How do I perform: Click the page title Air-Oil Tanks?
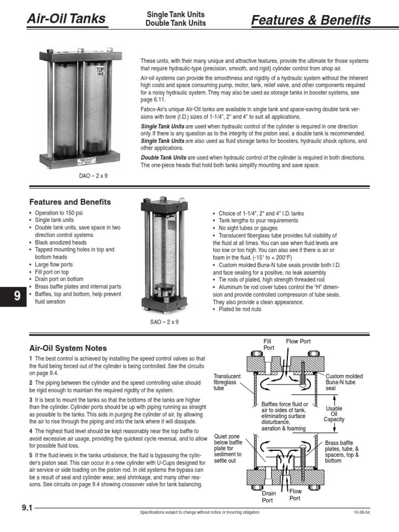(65, 20)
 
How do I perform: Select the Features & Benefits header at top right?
(311, 20)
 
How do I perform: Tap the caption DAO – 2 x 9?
(93, 176)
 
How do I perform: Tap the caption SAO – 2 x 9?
(164, 322)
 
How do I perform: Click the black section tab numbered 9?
(17, 296)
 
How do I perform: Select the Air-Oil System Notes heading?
(68, 348)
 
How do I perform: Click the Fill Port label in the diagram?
(269, 344)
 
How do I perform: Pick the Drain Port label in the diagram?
(269, 497)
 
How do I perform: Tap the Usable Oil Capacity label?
(334, 414)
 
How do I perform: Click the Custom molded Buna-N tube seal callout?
(344, 382)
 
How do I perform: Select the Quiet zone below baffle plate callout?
(228, 448)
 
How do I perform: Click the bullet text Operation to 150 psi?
(59, 214)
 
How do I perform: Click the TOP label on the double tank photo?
(100, 70)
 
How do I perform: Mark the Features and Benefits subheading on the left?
(70, 202)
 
